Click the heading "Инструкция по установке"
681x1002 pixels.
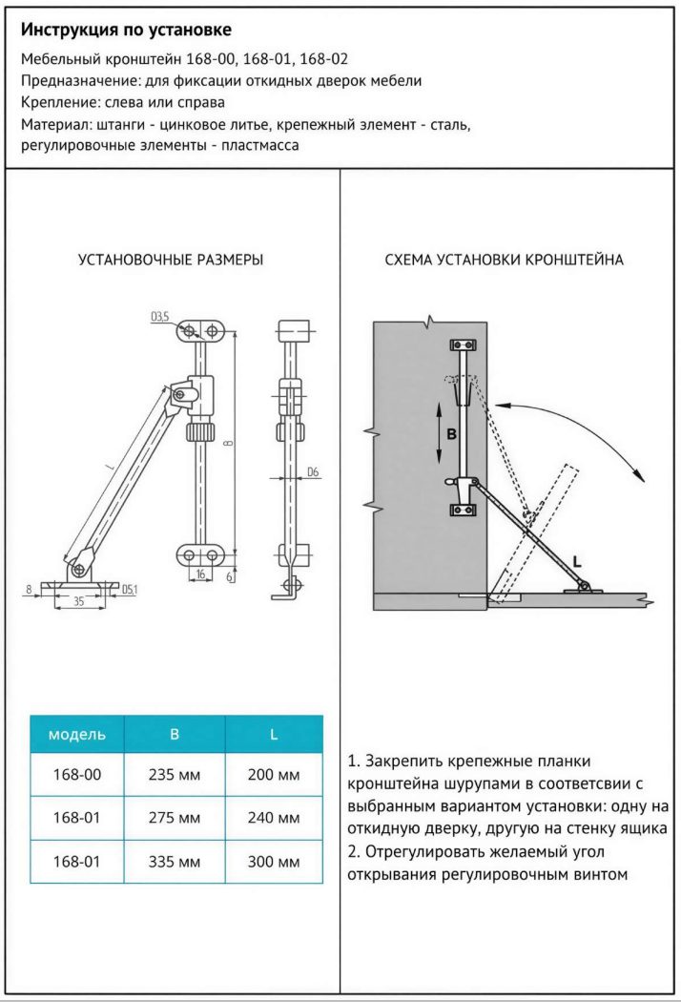point(126,31)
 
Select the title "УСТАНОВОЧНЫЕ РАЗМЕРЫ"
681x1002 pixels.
point(171,260)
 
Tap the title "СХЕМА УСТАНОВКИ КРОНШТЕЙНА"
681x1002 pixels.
point(504,260)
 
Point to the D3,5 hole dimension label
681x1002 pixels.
point(159,315)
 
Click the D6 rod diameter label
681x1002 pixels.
point(313,472)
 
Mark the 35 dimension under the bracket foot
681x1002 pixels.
point(79,602)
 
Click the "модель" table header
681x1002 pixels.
point(76,735)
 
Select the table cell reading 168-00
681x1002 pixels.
point(76,775)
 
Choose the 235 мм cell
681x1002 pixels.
point(175,775)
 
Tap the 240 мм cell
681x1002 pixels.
point(275,819)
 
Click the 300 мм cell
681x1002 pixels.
point(275,862)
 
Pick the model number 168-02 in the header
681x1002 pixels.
point(322,58)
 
